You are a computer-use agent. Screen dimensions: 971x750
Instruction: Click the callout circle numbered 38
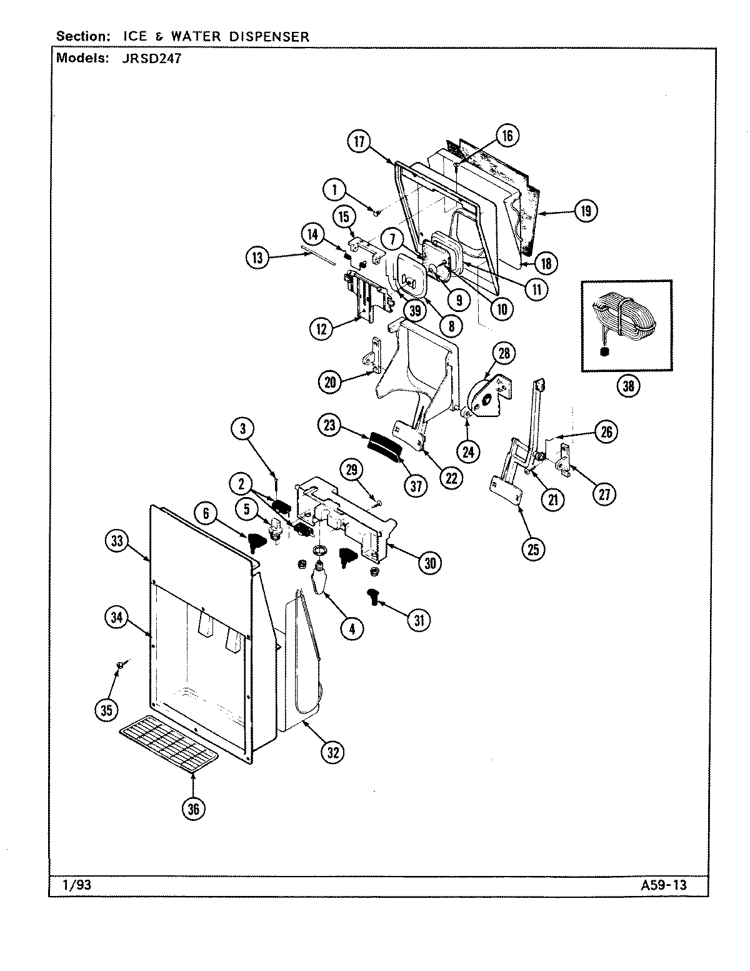[x=627, y=386]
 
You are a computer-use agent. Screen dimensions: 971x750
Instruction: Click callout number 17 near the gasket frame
[x=359, y=142]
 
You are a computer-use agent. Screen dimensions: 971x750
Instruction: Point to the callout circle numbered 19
[x=585, y=211]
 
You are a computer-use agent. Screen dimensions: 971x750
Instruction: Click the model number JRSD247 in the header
[x=150, y=59]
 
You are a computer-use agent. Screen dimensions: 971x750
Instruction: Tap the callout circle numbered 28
[x=504, y=353]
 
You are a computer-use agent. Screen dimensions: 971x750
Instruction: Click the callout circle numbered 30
[x=430, y=563]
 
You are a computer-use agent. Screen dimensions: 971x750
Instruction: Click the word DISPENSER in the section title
[x=269, y=36]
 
